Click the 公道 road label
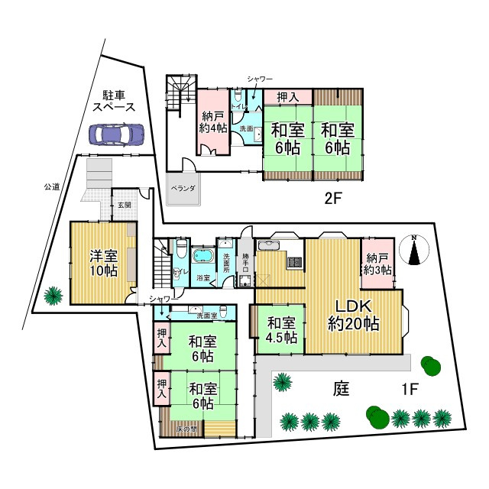coord(51,186)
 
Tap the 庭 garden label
coord(341,388)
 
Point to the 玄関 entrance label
coord(125,205)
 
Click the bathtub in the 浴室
coord(204,256)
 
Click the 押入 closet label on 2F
coord(287,97)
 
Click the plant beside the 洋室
coord(53,294)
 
